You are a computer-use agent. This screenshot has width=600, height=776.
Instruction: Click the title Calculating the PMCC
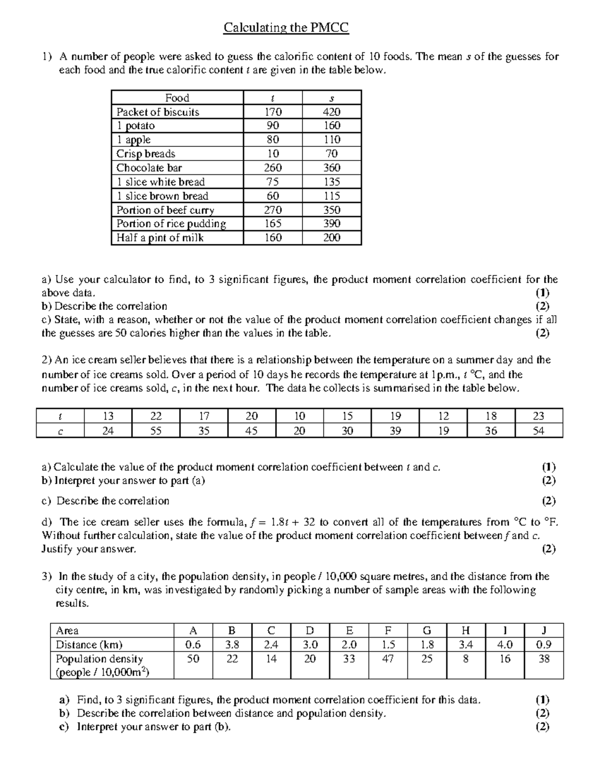[x=286, y=27]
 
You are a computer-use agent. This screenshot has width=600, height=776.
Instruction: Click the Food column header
[x=177, y=98]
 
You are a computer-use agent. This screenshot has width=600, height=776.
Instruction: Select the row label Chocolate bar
[x=149, y=168]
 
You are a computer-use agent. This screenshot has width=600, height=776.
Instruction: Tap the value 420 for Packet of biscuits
[x=331, y=112]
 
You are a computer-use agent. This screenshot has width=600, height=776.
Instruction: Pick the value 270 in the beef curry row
[x=273, y=210]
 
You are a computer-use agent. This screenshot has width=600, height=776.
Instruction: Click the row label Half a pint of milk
[x=160, y=238]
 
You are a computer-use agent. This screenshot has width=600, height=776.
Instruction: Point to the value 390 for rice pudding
[x=331, y=224]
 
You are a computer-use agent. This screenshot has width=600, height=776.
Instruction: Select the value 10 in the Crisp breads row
[x=273, y=154]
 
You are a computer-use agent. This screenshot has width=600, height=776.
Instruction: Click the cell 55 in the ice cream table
[x=156, y=431]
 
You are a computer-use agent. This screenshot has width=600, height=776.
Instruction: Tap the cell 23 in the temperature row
[x=538, y=416]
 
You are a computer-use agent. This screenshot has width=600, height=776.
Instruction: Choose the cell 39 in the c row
[x=395, y=431]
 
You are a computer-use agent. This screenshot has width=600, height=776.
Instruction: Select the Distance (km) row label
[x=89, y=645]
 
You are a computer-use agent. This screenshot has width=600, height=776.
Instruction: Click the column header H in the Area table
[x=465, y=630]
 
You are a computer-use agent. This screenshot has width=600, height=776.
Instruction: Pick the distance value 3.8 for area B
[x=232, y=645]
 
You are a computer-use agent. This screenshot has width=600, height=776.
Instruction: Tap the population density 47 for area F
[x=387, y=659]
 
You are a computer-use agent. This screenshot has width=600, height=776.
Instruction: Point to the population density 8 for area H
[x=465, y=659]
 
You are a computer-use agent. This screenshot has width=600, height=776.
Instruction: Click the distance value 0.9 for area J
[x=543, y=645]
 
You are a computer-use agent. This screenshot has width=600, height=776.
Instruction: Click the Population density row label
[x=99, y=659]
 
